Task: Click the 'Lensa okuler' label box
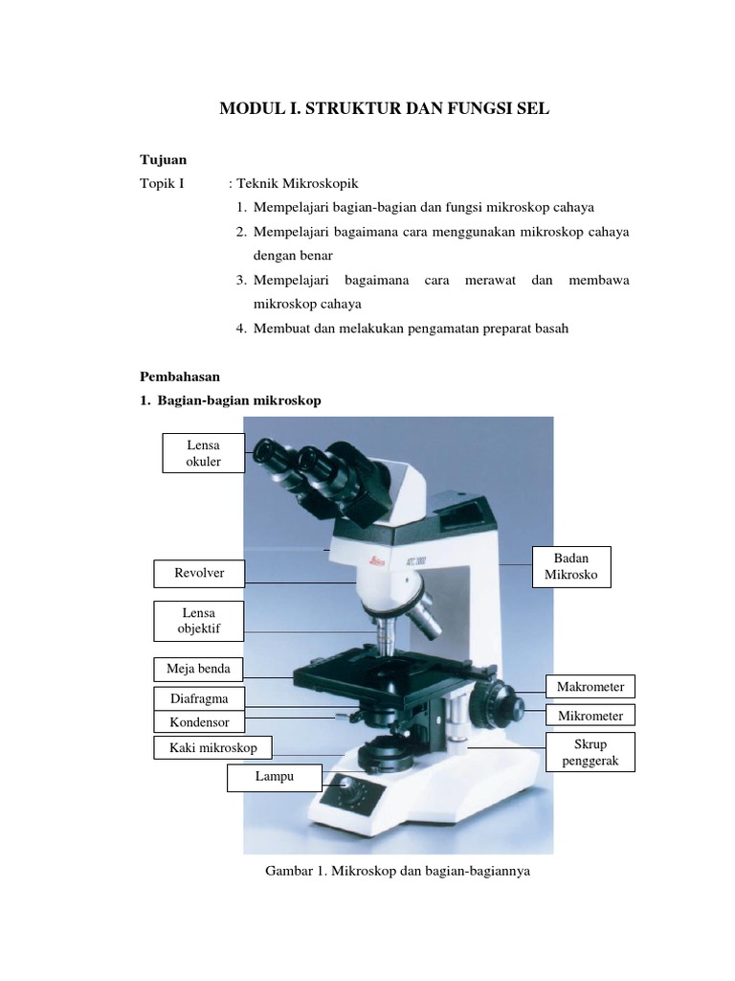(203, 452)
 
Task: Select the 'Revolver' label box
(199, 573)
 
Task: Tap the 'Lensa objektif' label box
(199, 621)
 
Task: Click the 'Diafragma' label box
(199, 699)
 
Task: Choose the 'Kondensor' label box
(199, 722)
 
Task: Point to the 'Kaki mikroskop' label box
(212, 747)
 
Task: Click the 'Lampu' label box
(274, 778)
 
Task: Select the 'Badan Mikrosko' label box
(571, 567)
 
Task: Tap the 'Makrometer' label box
(590, 687)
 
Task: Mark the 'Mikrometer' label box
(590, 716)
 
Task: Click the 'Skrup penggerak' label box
(590, 752)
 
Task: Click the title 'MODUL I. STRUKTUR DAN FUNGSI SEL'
(385, 109)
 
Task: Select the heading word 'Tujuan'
(164, 159)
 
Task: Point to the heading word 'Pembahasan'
(180, 377)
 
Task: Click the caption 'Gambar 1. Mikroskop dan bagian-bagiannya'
(396, 872)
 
